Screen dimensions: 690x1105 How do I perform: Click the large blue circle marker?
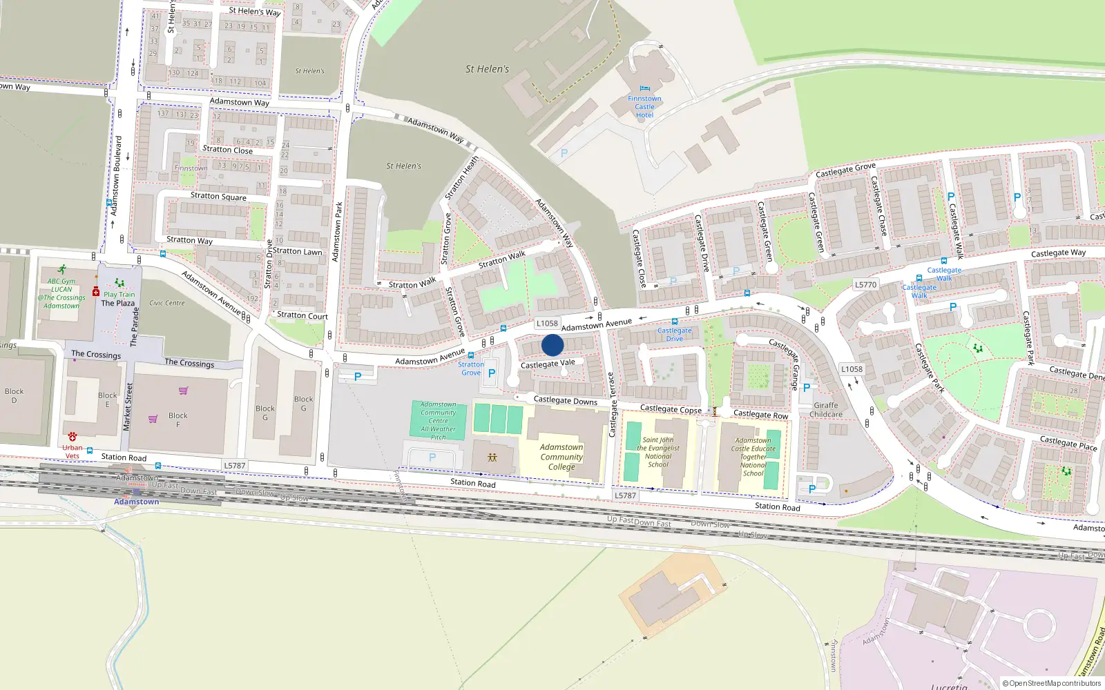[552, 345]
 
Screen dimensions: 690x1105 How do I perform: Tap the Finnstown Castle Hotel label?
[644, 107]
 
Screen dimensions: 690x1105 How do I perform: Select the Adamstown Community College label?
[561, 457]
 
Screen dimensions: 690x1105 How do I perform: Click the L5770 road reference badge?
[865, 284]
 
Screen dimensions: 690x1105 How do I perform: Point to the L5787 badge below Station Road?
[625, 495]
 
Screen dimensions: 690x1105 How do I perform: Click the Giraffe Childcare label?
[826, 410]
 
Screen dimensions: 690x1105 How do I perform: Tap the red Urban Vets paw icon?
[73, 437]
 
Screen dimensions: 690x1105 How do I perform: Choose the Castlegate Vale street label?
[548, 363]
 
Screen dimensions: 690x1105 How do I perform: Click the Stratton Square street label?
[218, 196]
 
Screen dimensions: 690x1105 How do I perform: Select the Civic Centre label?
[167, 303]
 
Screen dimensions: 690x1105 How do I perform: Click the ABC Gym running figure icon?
[62, 270]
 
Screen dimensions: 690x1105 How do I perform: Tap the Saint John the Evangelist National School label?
[658, 452]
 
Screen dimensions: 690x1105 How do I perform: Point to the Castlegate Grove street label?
[845, 170]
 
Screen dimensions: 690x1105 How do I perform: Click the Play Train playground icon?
[119, 283]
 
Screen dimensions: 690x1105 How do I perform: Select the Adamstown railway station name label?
[136, 502]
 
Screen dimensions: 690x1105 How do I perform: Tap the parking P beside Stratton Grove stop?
[492, 373]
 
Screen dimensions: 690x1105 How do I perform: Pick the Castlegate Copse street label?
[671, 409]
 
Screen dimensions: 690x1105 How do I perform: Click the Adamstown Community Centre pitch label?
[439, 421]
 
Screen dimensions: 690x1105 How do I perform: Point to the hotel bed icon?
[645, 88]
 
